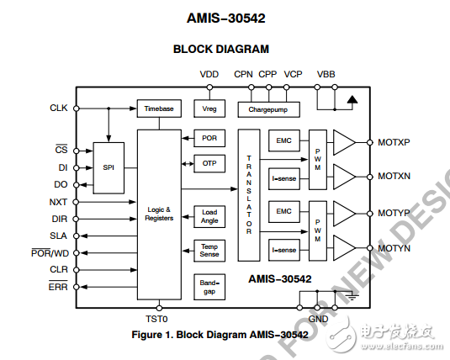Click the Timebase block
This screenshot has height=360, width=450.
[x=159, y=109]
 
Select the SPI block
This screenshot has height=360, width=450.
[x=109, y=167]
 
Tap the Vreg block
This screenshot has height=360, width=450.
[x=209, y=109]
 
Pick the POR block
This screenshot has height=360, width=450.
[x=209, y=137]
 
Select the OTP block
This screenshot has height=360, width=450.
[x=209, y=163]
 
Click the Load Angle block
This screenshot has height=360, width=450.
[x=209, y=216]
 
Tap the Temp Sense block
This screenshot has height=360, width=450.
[x=209, y=251]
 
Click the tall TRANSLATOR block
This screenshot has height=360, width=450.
[x=248, y=195]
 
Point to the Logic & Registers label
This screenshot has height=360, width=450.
[x=159, y=214]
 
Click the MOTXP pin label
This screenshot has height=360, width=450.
[x=394, y=142]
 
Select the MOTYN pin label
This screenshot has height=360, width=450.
[x=394, y=248]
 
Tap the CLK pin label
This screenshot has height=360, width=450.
[x=59, y=108]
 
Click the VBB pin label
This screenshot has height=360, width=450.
[x=326, y=74]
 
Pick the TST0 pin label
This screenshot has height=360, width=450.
[x=158, y=319]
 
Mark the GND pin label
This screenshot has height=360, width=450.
[x=318, y=319]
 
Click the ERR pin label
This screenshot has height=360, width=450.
[x=58, y=287]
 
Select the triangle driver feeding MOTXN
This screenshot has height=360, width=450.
[x=345, y=177]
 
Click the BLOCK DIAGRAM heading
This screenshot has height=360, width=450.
[x=221, y=49]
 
